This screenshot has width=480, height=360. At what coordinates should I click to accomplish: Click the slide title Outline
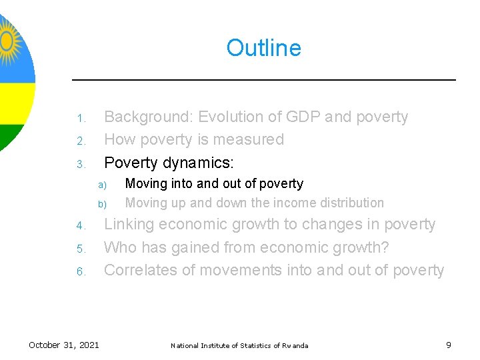(263, 48)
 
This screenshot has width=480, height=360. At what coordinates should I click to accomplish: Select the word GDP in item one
(303, 117)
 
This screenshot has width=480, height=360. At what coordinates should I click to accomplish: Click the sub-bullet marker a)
(102, 185)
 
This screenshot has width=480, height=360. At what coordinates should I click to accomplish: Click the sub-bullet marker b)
(102, 204)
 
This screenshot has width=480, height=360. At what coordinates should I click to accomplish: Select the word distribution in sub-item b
(353, 203)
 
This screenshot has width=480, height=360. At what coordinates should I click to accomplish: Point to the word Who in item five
(120, 247)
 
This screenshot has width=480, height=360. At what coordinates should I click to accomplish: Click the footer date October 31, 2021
(64, 345)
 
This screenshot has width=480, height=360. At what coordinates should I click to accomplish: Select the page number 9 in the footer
(449, 345)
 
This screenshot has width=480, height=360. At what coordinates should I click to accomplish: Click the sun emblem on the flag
(8, 40)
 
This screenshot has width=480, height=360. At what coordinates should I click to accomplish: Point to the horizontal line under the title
(263, 80)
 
